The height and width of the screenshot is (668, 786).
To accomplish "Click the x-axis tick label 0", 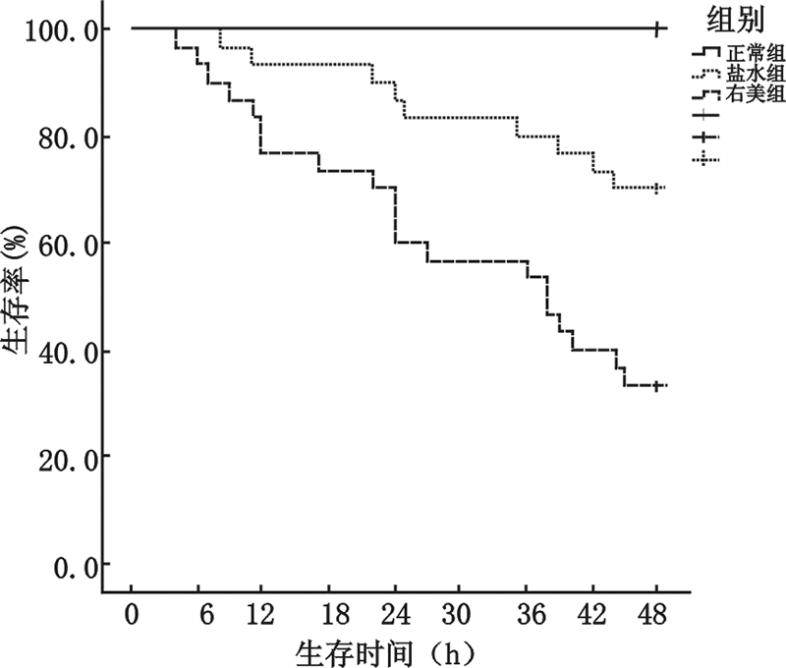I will point(131,614).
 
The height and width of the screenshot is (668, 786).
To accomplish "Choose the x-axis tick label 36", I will point(526,614).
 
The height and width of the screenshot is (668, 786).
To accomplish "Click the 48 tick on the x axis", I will point(656,614).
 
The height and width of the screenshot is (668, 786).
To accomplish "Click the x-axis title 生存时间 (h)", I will point(394,649).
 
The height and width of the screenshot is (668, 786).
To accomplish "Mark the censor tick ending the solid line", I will point(657,28).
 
